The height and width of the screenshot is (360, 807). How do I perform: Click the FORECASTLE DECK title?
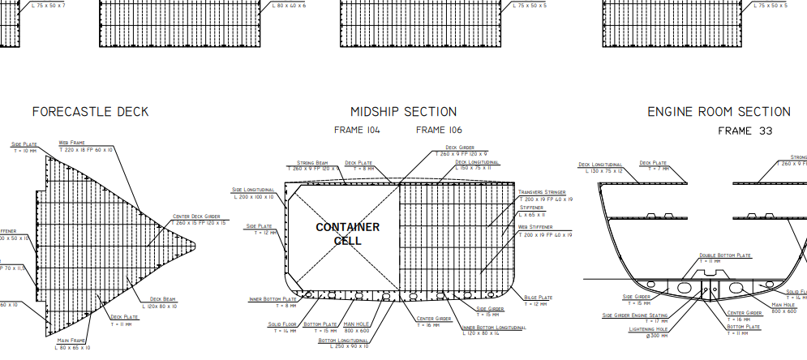click(90, 112)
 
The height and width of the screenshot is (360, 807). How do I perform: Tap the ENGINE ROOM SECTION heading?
click(719, 112)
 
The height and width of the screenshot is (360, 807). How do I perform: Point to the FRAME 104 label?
click(357, 130)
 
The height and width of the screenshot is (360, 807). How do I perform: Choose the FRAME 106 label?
click(439, 130)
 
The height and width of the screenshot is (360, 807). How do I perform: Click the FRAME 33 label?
click(745, 131)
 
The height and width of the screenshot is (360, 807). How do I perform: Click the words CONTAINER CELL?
click(347, 234)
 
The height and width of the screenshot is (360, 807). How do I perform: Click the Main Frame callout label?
click(71, 341)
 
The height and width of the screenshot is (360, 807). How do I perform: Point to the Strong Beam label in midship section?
click(311, 163)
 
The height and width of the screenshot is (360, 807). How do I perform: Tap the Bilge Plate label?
click(539, 298)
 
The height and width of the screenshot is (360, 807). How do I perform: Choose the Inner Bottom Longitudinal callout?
click(493, 328)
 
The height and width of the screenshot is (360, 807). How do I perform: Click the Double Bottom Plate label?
click(725, 255)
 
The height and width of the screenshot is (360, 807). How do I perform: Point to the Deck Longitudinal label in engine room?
click(600, 165)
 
